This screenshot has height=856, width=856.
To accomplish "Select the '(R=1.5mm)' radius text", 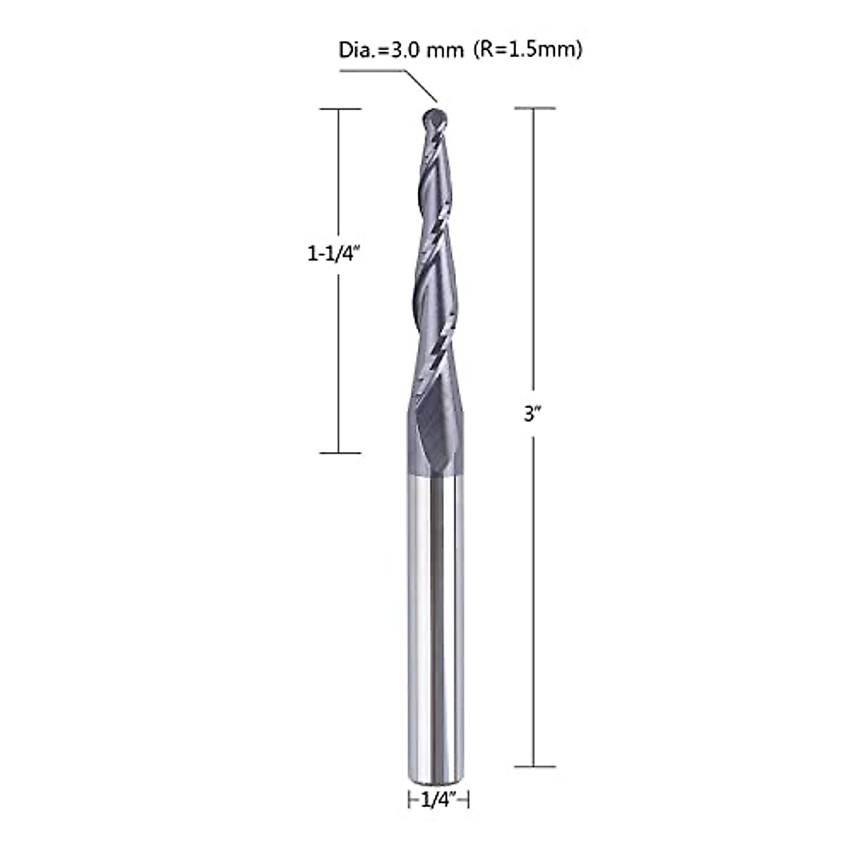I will (x=526, y=51).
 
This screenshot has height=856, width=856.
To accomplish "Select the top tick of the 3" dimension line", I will (x=534, y=108).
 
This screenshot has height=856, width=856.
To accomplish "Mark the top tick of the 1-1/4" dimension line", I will (x=340, y=108).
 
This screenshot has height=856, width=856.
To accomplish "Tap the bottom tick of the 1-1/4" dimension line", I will (x=340, y=452).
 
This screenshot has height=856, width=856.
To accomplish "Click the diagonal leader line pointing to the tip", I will (x=421, y=86).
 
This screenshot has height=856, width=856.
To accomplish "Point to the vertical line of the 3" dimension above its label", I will (x=534, y=250).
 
